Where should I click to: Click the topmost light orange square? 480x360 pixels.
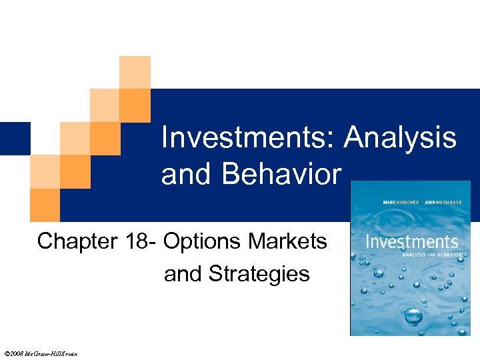[134, 72]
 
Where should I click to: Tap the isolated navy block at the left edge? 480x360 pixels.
[15, 138]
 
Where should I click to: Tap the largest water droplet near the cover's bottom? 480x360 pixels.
[413, 314]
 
